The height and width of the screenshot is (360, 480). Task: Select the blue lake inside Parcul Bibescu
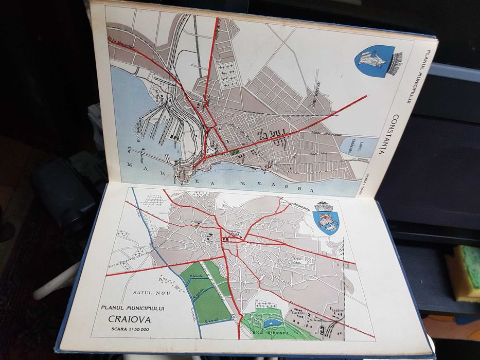tap(273, 322)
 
